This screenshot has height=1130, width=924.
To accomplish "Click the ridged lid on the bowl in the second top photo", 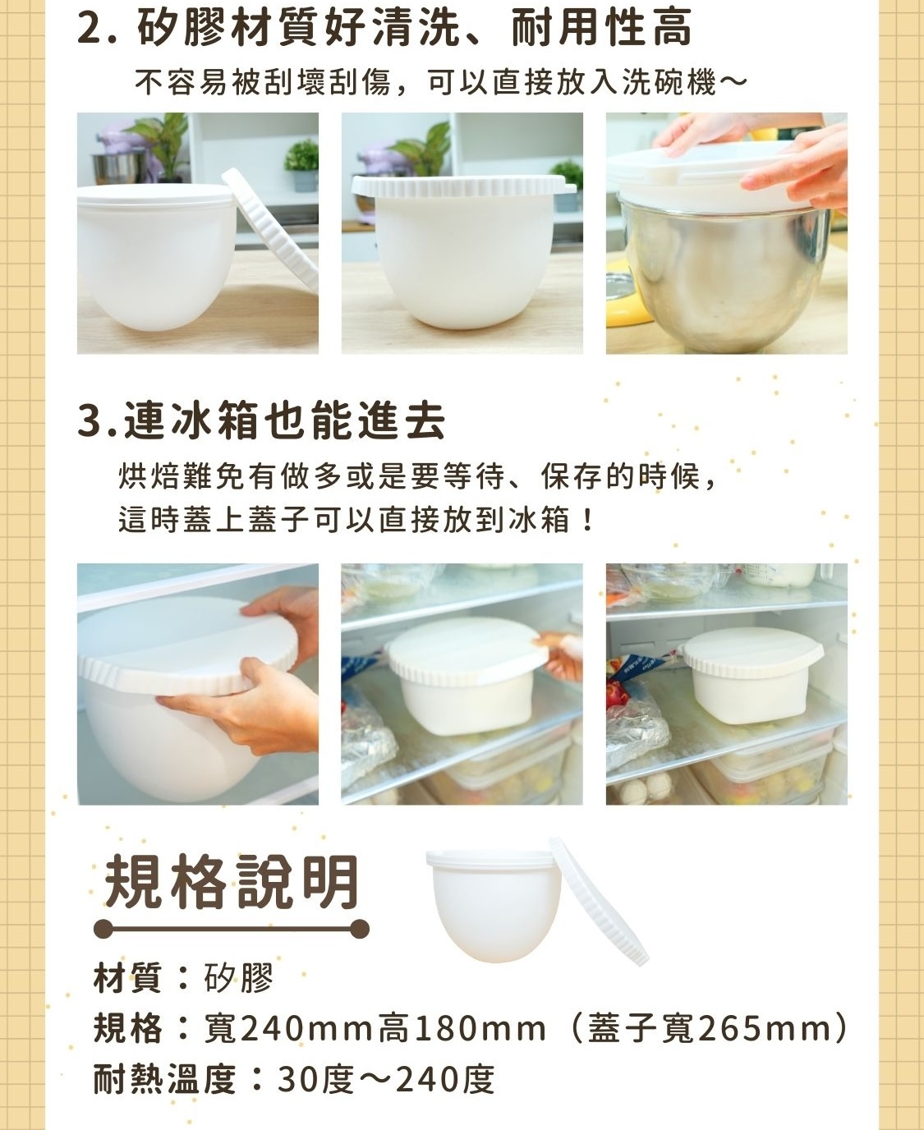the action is point(463,186).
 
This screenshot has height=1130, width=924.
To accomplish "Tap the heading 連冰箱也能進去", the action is point(285,421).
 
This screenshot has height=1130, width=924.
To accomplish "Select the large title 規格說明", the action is point(232,881).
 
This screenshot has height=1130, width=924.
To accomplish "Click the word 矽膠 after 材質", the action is point(238,977).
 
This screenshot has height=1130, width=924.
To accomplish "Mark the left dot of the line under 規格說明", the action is point(103,929).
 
